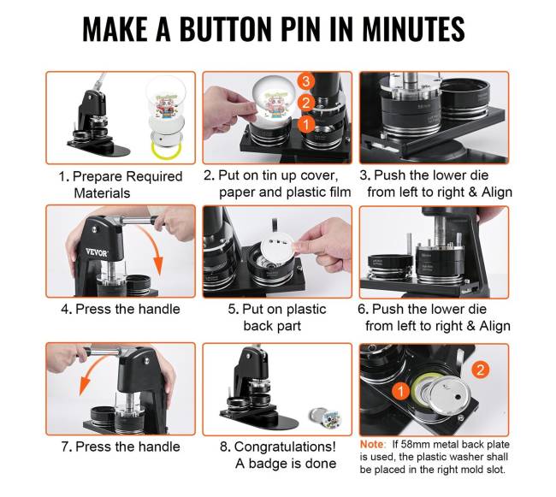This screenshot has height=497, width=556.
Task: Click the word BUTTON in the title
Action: pos(226,29)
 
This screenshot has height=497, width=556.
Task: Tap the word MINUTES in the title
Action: pos(413,29)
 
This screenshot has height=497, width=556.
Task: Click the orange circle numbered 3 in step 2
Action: pos(305,81)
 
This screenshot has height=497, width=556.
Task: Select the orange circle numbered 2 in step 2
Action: pos(305,103)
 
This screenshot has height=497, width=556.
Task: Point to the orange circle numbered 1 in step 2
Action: pos(305,124)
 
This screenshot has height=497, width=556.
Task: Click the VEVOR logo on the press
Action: pos(97,252)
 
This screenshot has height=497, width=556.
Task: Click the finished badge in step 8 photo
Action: pos(324,417)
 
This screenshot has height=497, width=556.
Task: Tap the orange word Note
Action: pos(371,444)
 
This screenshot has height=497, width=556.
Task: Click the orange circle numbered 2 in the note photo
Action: pos(481,370)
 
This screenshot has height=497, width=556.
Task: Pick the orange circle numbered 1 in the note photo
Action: pos(401,392)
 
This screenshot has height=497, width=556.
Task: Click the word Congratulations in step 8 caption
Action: pos(285,447)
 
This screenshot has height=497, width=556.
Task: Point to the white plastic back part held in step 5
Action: pos(278,250)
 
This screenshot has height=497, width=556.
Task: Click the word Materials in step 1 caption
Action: pos(102,193)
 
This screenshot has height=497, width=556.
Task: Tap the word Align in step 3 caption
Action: pos(497,192)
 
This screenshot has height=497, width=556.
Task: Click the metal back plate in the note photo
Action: pos(448,394)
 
